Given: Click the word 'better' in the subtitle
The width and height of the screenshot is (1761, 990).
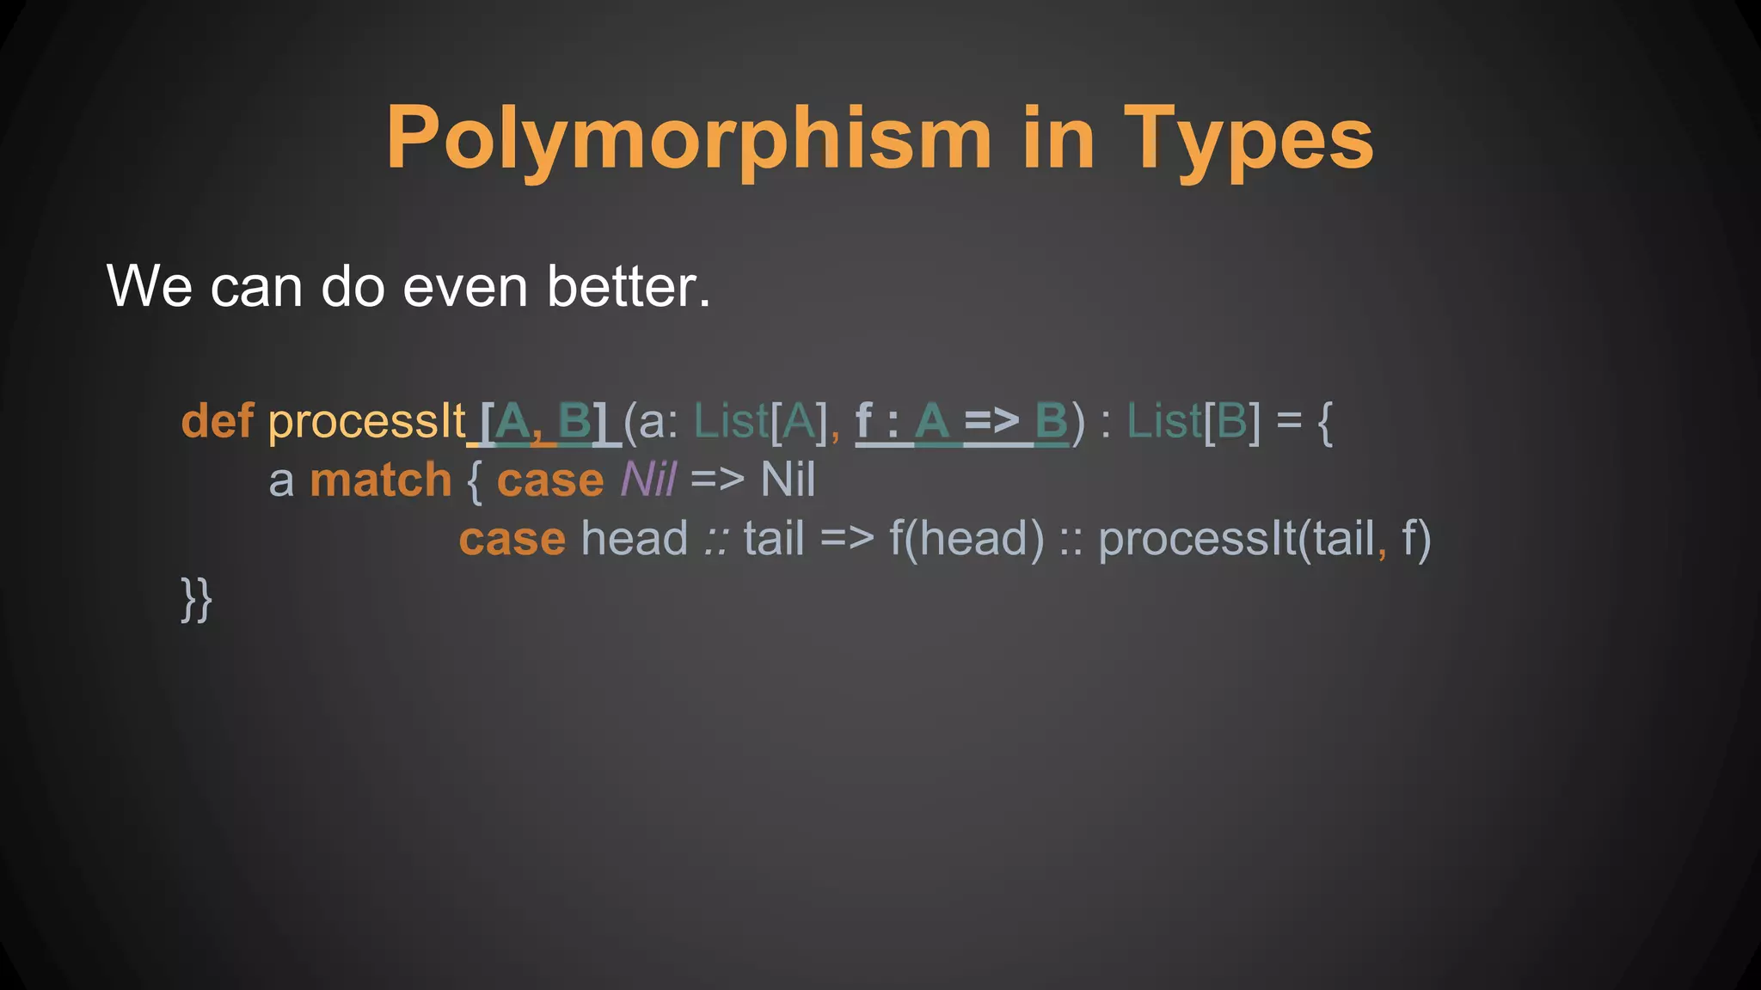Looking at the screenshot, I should (x=629, y=286).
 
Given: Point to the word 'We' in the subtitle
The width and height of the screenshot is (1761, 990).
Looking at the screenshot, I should (x=149, y=286).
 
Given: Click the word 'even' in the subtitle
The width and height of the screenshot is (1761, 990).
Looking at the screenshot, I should (x=465, y=286).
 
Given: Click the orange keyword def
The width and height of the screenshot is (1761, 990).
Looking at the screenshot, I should (x=217, y=422).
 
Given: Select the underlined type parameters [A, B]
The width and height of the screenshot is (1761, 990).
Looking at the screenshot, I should (x=543, y=422).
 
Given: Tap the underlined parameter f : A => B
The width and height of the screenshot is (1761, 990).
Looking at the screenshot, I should (x=961, y=422).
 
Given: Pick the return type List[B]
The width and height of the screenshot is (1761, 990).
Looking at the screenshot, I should (x=1193, y=422).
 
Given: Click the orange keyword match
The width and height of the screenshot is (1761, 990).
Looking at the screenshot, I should (x=380, y=480).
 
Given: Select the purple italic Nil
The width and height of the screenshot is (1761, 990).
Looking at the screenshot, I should (x=648, y=480).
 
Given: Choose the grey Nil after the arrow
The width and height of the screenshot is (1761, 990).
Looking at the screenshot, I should (x=788, y=480).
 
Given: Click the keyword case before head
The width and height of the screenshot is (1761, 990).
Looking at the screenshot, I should (x=512, y=540).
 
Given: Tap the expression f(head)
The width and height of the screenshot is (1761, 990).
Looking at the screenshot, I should (x=966, y=540).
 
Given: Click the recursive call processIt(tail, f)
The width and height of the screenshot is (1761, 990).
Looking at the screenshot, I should (x=1264, y=540).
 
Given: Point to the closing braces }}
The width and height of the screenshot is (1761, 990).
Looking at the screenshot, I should (x=196, y=599).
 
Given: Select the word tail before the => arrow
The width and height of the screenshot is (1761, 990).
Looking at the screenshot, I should (x=774, y=540).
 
